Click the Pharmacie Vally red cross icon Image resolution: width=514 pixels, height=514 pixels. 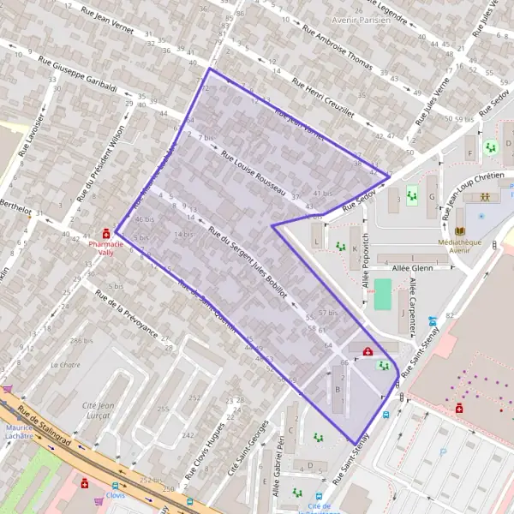point(106,233)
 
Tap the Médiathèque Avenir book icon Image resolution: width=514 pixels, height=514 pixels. point(461,232)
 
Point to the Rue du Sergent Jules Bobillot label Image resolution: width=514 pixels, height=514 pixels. point(253,262)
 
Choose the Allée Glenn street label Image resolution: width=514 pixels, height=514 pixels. point(414,268)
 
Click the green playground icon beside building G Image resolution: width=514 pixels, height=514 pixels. point(411,196)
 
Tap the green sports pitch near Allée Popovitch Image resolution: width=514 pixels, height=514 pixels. point(383,296)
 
